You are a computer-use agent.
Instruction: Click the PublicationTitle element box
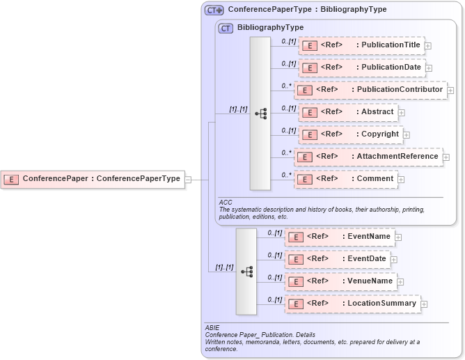361,46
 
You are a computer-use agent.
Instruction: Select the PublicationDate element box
361,68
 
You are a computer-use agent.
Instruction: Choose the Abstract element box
348,112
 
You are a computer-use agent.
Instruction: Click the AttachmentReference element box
368,157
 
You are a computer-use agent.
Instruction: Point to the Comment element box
348,179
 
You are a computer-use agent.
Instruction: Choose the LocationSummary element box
352,304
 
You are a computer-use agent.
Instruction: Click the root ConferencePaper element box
92,179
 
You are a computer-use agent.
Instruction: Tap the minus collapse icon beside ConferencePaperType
188,179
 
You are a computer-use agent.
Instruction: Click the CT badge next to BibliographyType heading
226,28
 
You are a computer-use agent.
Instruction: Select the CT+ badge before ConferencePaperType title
214,10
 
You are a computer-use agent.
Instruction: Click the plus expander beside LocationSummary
424,304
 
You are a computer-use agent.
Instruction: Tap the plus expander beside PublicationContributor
450,91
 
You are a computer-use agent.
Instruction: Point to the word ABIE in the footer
212,327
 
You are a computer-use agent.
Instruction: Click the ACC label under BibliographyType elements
225,202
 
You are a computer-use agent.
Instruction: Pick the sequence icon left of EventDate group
246,271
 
